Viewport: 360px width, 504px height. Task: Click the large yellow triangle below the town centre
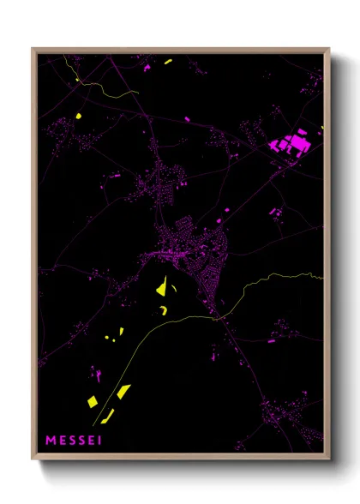click(160, 288)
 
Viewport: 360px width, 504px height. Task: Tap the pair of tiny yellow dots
click(109, 339)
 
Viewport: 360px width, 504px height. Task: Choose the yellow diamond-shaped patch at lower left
click(123, 392)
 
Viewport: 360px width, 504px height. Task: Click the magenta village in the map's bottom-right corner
click(291, 411)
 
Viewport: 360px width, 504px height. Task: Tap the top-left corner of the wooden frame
click(33, 49)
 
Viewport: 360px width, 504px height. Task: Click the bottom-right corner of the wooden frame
click(329, 459)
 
